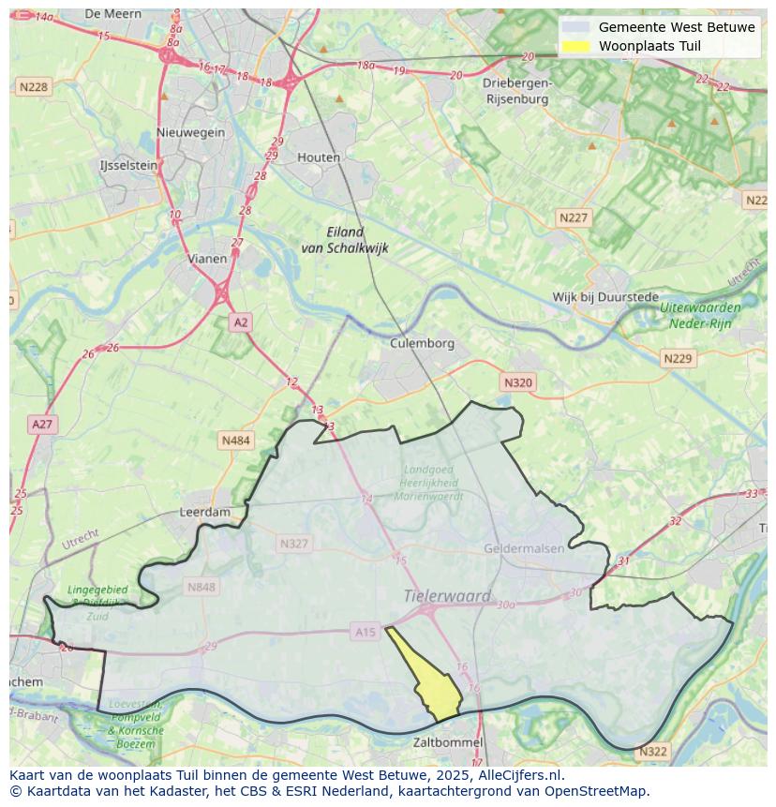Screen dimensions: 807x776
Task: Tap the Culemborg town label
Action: [x=422, y=343]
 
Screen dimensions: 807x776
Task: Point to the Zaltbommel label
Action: [x=448, y=742]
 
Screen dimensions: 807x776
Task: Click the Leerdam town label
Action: [x=204, y=513]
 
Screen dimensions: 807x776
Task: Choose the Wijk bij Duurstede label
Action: [x=605, y=296]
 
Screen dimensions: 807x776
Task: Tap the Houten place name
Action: [x=319, y=157]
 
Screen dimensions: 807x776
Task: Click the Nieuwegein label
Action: [x=191, y=132]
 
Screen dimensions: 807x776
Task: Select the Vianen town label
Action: [x=207, y=259]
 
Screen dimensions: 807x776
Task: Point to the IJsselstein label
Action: [x=128, y=165]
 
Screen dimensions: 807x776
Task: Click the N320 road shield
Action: [x=517, y=382]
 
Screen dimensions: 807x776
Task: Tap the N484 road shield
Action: [x=235, y=440]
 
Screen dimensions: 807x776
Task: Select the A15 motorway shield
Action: [x=366, y=632]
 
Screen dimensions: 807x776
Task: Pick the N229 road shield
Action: [x=677, y=359]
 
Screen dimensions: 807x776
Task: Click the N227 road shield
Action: [x=574, y=217]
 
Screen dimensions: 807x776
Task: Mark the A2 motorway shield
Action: [x=241, y=322]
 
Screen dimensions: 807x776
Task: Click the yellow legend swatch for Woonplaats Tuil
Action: [x=576, y=46]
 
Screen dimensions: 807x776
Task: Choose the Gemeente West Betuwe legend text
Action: [x=677, y=27]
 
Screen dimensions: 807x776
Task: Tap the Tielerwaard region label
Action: [x=447, y=596]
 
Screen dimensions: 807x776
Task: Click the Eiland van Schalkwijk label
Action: [x=345, y=240]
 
